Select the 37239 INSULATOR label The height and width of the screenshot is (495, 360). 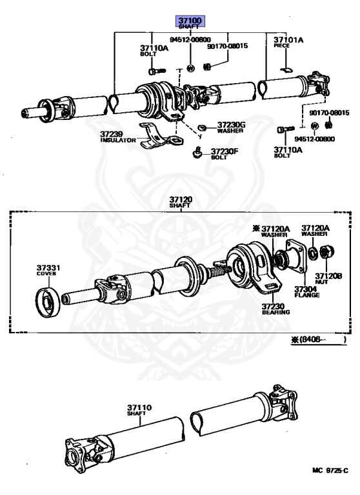[118, 137]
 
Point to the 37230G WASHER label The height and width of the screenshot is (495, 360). [231, 127]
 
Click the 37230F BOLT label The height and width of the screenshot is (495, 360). [225, 154]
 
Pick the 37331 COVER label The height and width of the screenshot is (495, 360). [48, 270]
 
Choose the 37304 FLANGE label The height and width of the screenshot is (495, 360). [307, 292]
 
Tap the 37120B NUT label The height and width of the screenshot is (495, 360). [328, 278]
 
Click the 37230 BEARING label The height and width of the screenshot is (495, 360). [275, 309]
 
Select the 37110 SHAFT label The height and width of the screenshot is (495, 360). [139, 410]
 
